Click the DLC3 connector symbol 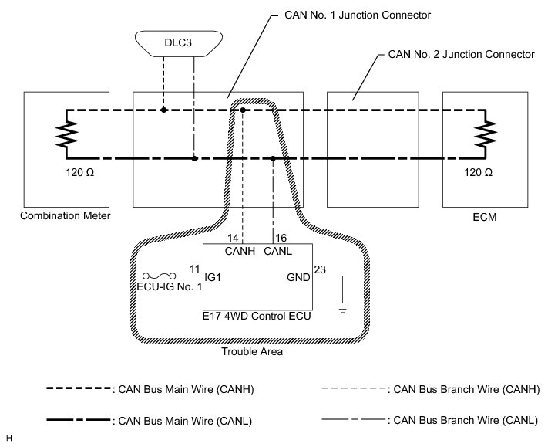pyautogui.click(x=179, y=43)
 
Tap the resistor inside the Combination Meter pyautogui.click(x=66, y=134)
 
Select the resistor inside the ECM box pyautogui.click(x=486, y=134)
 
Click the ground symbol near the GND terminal pyautogui.click(x=342, y=307)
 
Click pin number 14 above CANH pyautogui.click(x=233, y=238)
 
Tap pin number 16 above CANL pyautogui.click(x=281, y=238)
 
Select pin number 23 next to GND pyautogui.click(x=320, y=269)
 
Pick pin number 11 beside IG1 pyautogui.click(x=195, y=269)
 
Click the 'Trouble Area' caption pyautogui.click(x=252, y=351)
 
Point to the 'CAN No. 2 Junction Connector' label pyautogui.click(x=462, y=54)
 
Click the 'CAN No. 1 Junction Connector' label pyautogui.click(x=358, y=15)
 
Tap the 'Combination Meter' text pyautogui.click(x=66, y=215)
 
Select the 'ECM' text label pyautogui.click(x=485, y=217)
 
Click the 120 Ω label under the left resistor pyautogui.click(x=80, y=172)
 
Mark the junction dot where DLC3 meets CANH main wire pyautogui.click(x=163, y=110)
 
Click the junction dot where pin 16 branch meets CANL pyautogui.click(x=273, y=158)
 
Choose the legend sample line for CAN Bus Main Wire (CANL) pyautogui.click(x=79, y=420)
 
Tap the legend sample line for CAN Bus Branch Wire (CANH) pyautogui.click(x=354, y=388)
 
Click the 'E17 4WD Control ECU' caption pyautogui.click(x=257, y=316)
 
